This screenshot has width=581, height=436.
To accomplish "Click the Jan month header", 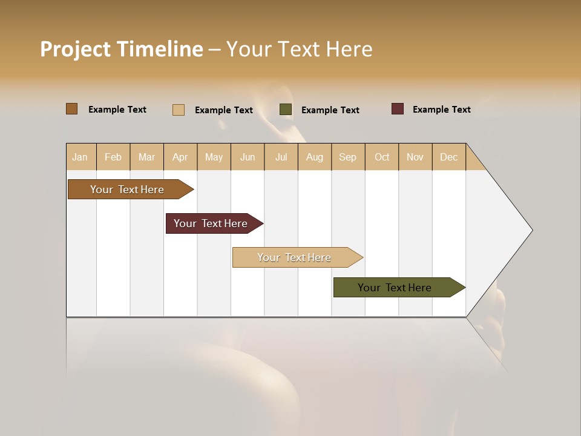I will click(x=80, y=157).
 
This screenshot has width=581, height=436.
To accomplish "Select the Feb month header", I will click(x=113, y=157).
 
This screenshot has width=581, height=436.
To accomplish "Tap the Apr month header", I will click(x=180, y=157).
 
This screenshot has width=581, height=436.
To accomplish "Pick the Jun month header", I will click(x=248, y=157).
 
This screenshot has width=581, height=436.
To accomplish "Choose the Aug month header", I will click(x=315, y=157).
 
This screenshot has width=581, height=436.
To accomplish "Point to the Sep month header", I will click(x=348, y=157).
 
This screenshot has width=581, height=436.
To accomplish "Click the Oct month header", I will click(x=382, y=157).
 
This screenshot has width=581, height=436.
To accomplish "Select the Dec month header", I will click(x=449, y=157).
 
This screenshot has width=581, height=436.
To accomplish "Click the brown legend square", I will click(x=72, y=109).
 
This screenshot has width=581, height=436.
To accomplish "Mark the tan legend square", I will click(x=179, y=110).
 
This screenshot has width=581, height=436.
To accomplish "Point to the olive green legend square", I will click(x=286, y=110).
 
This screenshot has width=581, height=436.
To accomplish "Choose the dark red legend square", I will click(x=398, y=109).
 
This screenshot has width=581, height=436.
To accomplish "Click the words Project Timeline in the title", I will click(x=122, y=49).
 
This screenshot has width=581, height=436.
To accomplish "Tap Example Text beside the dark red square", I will click(x=442, y=110).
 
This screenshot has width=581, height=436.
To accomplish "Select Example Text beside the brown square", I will click(x=117, y=110).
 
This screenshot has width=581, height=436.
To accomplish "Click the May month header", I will click(x=214, y=157).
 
